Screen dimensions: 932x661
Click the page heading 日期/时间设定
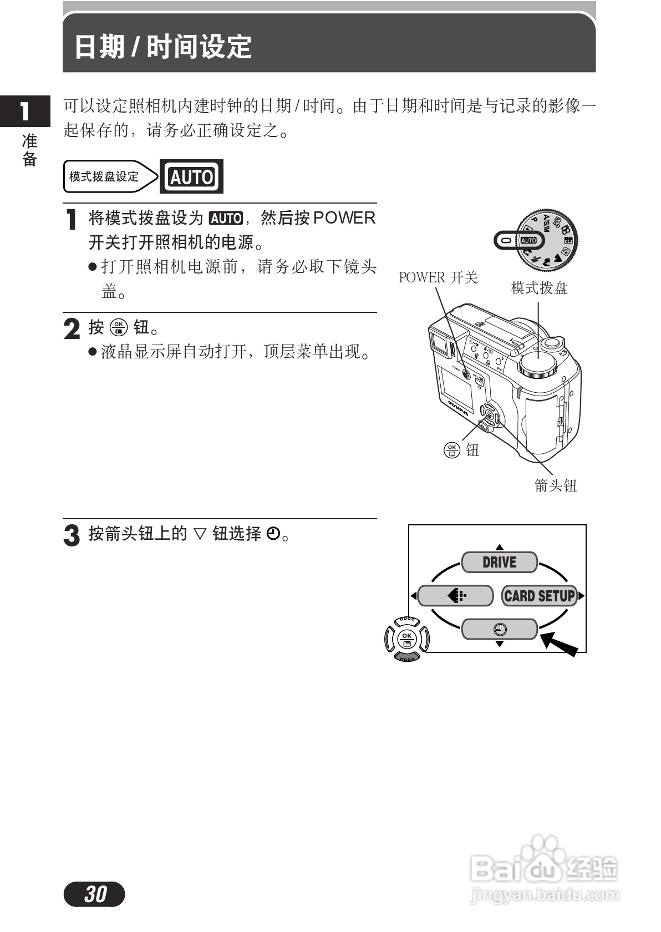(x=162, y=47)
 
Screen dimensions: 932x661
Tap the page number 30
(x=95, y=894)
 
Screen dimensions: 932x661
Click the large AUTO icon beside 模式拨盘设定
(x=191, y=176)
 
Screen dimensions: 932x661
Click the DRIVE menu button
(x=499, y=562)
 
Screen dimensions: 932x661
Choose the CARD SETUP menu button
(x=539, y=596)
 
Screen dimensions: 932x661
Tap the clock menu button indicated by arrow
(x=499, y=629)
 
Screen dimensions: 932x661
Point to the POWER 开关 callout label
(x=438, y=277)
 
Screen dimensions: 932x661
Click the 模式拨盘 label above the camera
(x=539, y=288)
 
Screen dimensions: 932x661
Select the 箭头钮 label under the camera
(x=556, y=485)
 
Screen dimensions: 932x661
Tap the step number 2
(x=72, y=328)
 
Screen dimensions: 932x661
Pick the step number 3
(x=72, y=535)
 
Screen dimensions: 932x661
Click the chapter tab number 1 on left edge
(x=24, y=111)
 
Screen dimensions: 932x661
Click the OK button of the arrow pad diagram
(x=407, y=639)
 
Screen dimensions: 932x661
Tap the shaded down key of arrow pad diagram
(x=407, y=657)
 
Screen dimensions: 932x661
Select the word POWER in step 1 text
(x=344, y=218)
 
